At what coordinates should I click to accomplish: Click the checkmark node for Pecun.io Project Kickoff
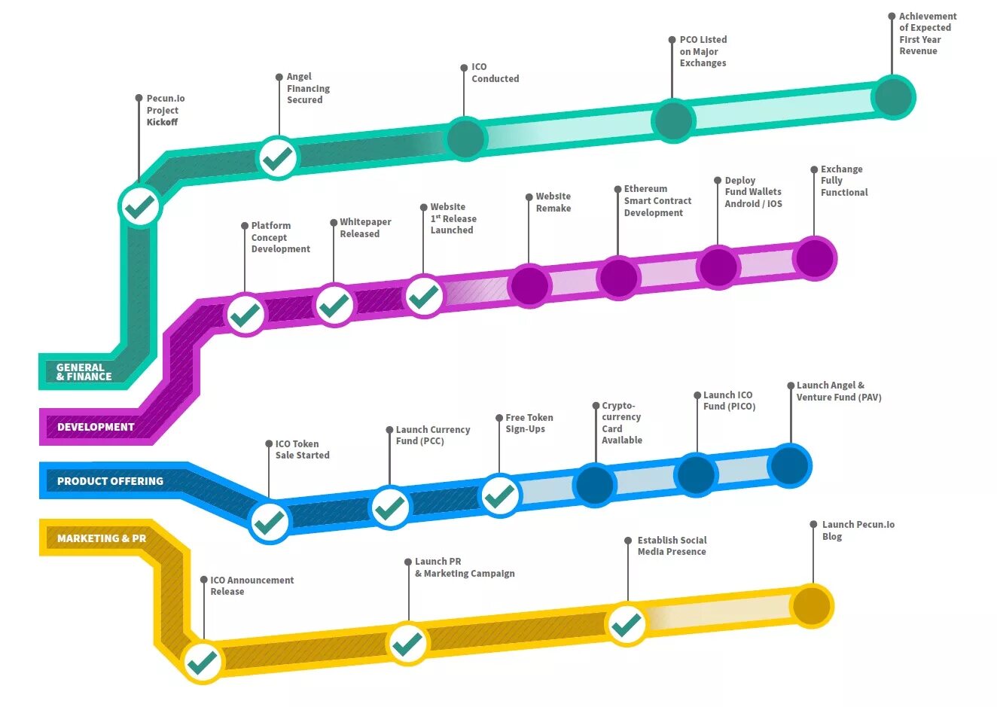[x=140, y=206]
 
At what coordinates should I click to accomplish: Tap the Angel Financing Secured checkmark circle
[x=278, y=158]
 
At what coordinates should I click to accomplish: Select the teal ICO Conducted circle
[x=465, y=138]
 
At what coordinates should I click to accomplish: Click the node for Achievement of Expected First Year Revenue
[x=893, y=97]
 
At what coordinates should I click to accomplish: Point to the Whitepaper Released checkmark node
[x=334, y=305]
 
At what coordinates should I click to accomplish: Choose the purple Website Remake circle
[x=529, y=285]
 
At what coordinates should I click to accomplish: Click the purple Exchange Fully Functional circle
[x=814, y=258]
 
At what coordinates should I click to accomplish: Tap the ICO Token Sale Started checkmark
[x=269, y=521]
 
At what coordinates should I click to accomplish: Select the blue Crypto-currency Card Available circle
[x=595, y=485]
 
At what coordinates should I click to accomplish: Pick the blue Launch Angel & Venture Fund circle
[x=789, y=465]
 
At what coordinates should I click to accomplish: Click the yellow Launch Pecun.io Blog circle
[x=812, y=606]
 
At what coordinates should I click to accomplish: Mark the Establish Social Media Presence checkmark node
[x=627, y=624]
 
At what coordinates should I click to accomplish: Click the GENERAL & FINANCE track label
[x=84, y=372]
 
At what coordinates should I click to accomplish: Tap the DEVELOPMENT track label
[x=96, y=427]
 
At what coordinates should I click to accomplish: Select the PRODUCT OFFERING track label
[x=110, y=481]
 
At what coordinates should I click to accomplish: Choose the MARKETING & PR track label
[x=102, y=538]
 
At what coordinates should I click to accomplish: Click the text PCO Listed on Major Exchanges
[x=703, y=51]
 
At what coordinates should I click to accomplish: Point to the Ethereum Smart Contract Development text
[x=657, y=201]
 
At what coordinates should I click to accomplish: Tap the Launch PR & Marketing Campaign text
[x=464, y=568]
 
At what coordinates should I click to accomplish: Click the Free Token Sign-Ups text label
[x=529, y=423]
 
